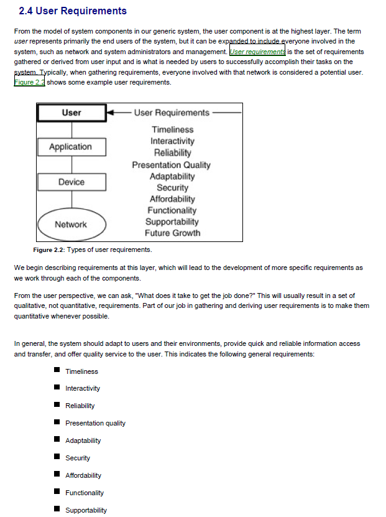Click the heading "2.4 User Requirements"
tap(73, 11)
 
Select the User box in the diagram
tap(71, 113)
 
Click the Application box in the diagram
tap(71, 147)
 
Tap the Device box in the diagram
tap(71, 182)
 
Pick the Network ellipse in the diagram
tap(71, 225)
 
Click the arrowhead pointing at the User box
tap(111, 113)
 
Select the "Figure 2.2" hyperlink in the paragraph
tap(29, 82)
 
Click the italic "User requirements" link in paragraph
tap(257, 52)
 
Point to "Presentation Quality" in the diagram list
tap(171, 165)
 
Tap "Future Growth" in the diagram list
tap(172, 233)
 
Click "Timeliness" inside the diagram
tap(172, 129)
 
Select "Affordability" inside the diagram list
tap(172, 199)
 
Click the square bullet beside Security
tap(57, 457)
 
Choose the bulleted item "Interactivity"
tap(83, 388)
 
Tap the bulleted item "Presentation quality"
tap(95, 423)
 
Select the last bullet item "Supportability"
tap(86, 510)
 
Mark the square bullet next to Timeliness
tap(57, 371)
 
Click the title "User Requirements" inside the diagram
tap(172, 113)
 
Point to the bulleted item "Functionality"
tap(85, 493)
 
